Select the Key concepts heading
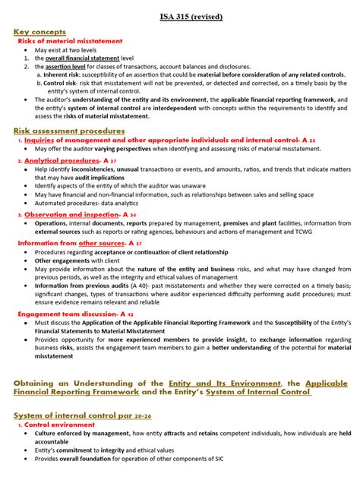pyautogui.click(x=39, y=31)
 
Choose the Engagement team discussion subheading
pyautogui.click(x=66, y=313)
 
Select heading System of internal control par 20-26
pyautogui.click(x=76, y=417)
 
